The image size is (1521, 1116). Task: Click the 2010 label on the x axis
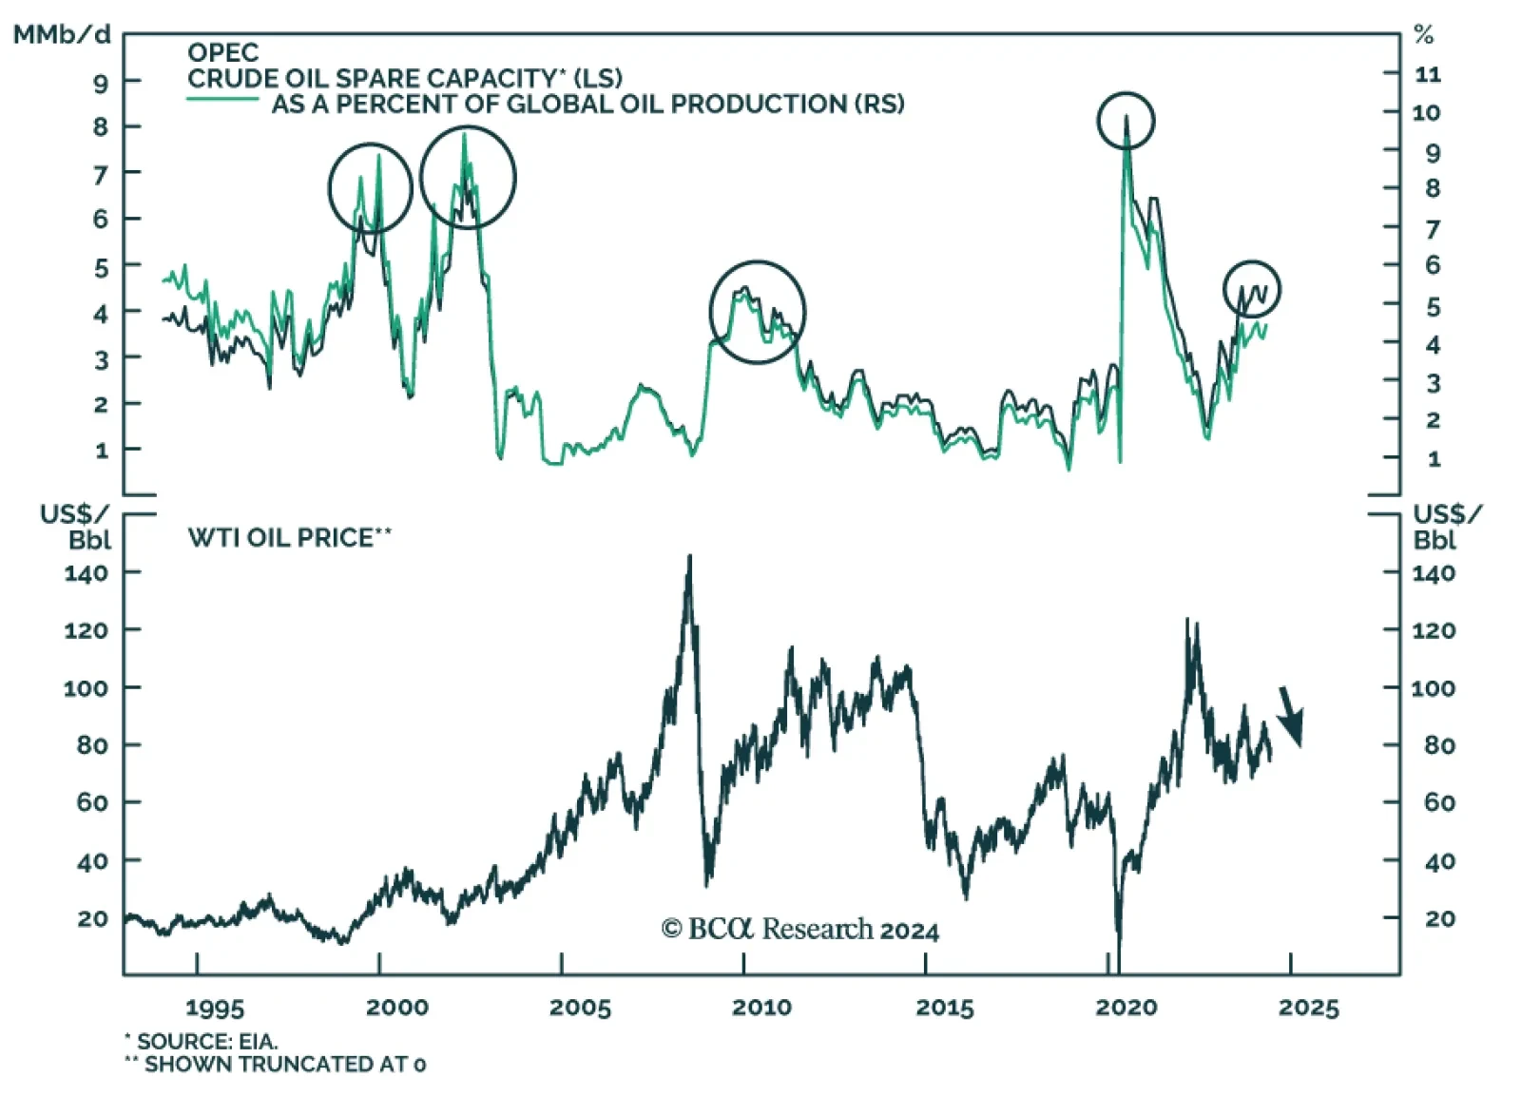(x=761, y=1008)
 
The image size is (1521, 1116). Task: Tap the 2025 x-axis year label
(x=1308, y=1008)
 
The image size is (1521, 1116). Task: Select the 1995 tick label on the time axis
(x=215, y=1008)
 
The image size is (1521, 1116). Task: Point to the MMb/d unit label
(x=62, y=35)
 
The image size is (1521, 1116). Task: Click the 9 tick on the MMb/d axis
(x=101, y=83)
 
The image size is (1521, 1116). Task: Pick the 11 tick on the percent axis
(x=1428, y=74)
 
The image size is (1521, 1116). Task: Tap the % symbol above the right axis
(x=1423, y=36)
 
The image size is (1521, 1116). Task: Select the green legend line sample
(x=222, y=99)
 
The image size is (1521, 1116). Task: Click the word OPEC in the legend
(x=222, y=52)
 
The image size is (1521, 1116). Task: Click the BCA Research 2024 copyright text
(x=800, y=929)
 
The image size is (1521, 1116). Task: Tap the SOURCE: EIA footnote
(x=202, y=1042)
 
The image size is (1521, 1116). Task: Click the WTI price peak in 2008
(x=689, y=558)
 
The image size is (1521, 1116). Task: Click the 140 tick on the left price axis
(x=87, y=573)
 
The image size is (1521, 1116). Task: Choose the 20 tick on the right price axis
(x=1439, y=918)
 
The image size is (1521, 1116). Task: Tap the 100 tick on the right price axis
(x=1433, y=687)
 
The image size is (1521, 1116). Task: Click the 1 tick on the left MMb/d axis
(x=102, y=451)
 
